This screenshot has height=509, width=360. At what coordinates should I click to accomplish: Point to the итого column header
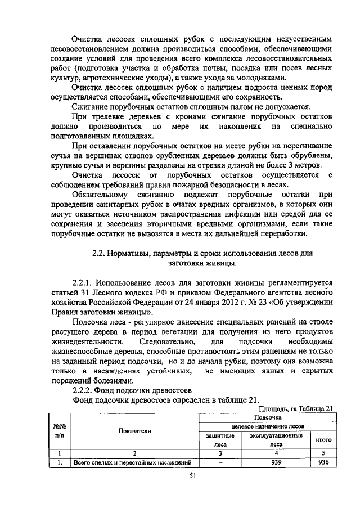[x=323, y=439]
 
